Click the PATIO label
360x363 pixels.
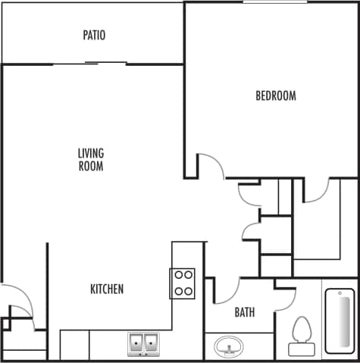[94, 35]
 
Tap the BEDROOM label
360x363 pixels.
[275, 96]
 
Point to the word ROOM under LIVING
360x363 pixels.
[90, 166]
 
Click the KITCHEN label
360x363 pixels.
[107, 289]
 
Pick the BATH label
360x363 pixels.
[244, 311]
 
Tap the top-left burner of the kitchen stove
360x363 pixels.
[178, 275]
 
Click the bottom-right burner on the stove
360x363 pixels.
[189, 290]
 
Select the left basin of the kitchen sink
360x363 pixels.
[136, 343]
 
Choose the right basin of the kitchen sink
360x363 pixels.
[153, 343]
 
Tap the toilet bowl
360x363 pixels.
[302, 329]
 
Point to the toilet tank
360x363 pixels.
[302, 349]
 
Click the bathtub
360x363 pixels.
[340, 321]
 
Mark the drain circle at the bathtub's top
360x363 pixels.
[340, 294]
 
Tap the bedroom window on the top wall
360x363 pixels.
[275, 2]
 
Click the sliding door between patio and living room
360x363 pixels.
[89, 64]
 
